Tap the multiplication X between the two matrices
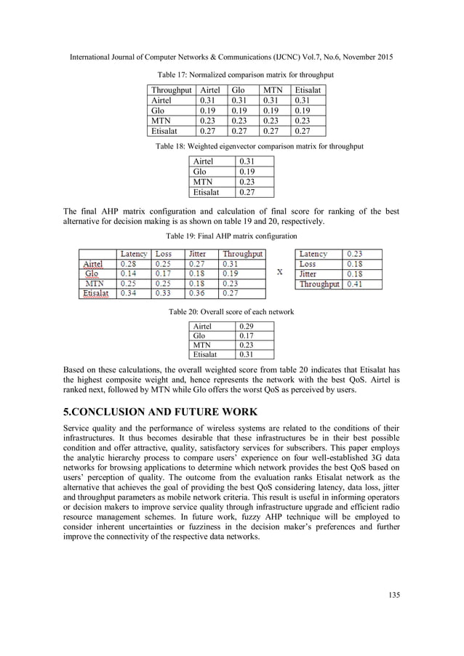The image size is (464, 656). (x=280, y=272)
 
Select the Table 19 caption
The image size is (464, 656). (x=231, y=236)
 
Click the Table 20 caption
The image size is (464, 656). (x=231, y=311)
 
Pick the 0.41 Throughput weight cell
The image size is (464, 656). (x=354, y=284)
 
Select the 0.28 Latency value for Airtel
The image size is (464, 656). (x=128, y=264)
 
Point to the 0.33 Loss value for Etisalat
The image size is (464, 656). (x=164, y=294)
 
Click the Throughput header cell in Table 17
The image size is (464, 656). (x=170, y=90)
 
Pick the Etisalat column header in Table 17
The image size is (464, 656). (x=308, y=90)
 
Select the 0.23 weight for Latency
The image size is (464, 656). (x=354, y=254)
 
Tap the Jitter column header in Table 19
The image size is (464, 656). (x=198, y=254)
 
